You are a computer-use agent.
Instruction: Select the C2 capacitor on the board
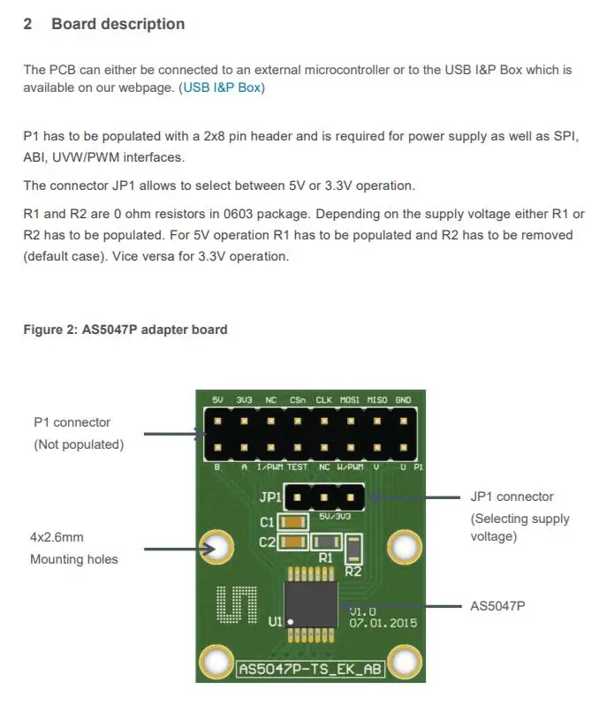(293, 542)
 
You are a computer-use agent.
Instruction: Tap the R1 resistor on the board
(326, 542)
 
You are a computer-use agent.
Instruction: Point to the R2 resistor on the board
(353, 549)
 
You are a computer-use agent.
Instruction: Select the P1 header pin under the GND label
(404, 420)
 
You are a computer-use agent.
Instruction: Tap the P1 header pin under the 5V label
(217, 420)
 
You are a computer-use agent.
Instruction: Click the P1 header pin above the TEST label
(298, 446)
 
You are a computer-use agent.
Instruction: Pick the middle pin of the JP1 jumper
(324, 497)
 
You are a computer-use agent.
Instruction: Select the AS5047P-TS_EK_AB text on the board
(310, 669)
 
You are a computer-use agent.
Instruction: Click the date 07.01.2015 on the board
(382, 623)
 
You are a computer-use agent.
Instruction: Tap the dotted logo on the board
(237, 603)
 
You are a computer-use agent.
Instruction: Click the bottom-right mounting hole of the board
(405, 660)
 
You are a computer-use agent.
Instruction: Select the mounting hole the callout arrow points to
(216, 548)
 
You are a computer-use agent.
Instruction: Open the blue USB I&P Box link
(223, 87)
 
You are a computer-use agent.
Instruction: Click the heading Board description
(117, 24)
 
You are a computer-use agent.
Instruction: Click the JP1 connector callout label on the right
(512, 497)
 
